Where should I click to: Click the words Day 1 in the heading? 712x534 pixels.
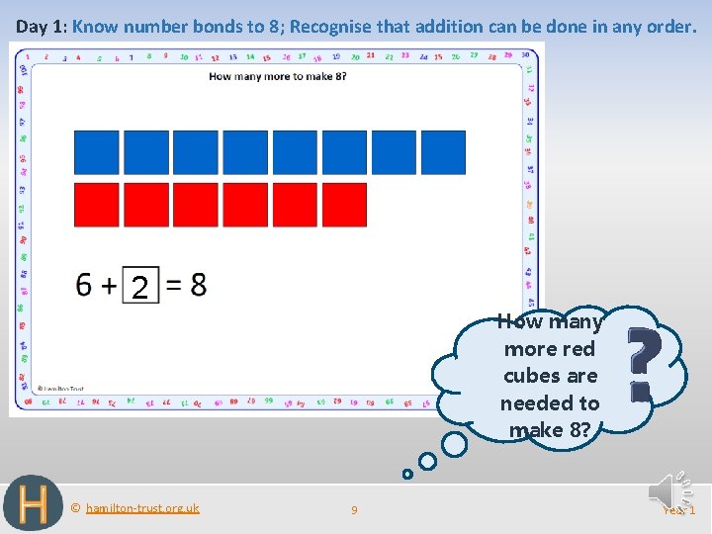click(x=40, y=27)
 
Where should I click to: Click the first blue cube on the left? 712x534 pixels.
click(x=97, y=152)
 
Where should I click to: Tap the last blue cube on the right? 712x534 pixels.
click(x=443, y=152)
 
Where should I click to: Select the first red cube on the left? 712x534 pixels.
click(x=97, y=205)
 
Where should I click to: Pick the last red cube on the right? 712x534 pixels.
click(x=344, y=205)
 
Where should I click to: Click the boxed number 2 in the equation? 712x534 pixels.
click(x=140, y=288)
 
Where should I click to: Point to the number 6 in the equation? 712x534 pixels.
click(x=85, y=285)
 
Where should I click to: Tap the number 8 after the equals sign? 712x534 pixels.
click(x=199, y=285)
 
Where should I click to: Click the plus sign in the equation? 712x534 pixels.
click(x=109, y=286)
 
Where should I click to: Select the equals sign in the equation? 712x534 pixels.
click(x=173, y=286)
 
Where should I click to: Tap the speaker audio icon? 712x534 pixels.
click(x=664, y=490)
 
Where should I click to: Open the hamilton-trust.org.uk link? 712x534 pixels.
click(x=142, y=508)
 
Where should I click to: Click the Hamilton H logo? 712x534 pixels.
click(x=33, y=504)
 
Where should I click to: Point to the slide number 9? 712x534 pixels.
click(x=355, y=510)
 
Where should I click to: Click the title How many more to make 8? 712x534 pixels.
click(x=278, y=76)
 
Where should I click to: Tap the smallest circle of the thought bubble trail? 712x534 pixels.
click(x=407, y=474)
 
